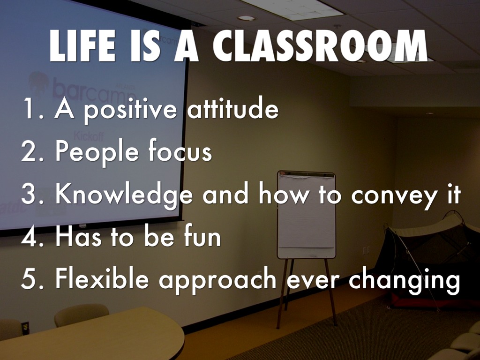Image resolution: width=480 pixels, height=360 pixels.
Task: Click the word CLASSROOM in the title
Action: click(320, 46)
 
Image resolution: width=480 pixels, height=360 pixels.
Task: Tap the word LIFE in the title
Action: click(82, 46)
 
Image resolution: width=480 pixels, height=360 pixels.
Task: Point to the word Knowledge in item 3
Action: click(124, 195)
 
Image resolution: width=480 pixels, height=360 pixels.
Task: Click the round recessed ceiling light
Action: click(247, 18)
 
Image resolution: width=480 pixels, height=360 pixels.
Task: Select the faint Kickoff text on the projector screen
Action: click(89, 136)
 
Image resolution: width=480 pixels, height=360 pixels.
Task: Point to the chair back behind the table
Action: click(81, 314)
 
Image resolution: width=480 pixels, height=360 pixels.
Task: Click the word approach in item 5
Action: click(217, 280)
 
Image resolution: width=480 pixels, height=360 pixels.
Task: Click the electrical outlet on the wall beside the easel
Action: click(366, 250)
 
